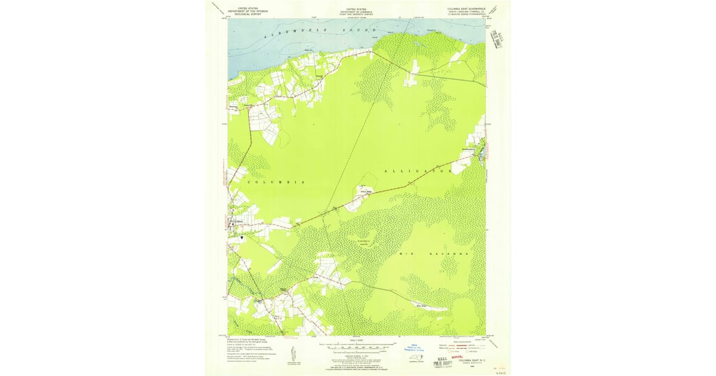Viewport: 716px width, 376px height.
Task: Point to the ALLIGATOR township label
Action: click(x=418, y=171)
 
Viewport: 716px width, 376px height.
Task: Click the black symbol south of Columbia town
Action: click(x=242, y=237)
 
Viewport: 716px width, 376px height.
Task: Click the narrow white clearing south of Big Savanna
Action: click(x=431, y=308)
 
